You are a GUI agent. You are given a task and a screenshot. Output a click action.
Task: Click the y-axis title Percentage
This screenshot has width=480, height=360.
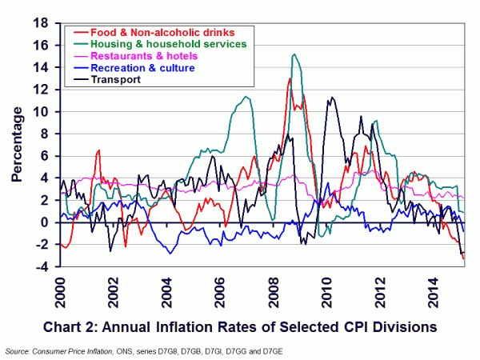click(16, 144)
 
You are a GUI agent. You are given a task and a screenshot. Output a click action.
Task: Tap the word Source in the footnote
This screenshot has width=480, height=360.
click(18, 350)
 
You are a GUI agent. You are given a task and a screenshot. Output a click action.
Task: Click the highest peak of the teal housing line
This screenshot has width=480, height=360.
click(294, 54)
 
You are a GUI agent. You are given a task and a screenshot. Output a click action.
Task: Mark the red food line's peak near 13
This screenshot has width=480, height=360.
click(289, 78)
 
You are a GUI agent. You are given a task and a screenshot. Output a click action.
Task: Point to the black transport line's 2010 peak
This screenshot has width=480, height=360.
click(330, 98)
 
